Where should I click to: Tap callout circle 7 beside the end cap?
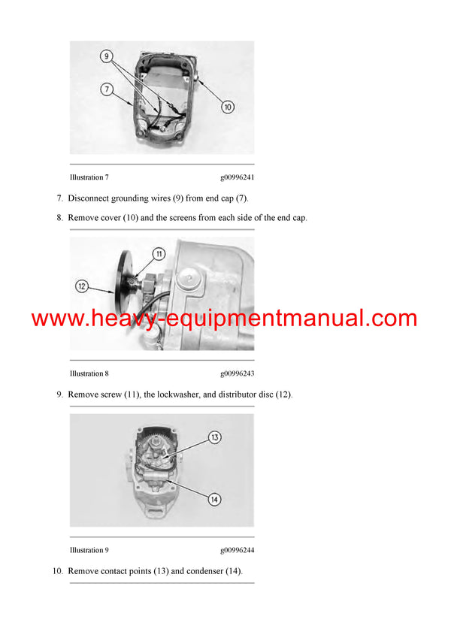click(x=107, y=89)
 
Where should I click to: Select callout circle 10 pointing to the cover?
click(x=228, y=107)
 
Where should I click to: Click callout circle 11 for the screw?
click(x=159, y=254)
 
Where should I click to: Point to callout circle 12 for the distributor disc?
click(x=83, y=286)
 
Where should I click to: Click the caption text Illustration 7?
click(x=89, y=177)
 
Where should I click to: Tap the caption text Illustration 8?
click(x=89, y=373)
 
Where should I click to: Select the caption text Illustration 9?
click(x=89, y=550)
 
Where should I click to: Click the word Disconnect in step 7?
click(x=91, y=198)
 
